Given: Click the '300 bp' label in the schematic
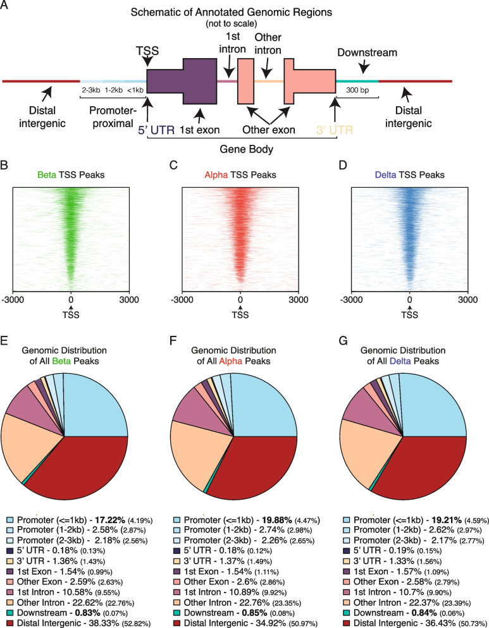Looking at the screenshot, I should [x=357, y=90].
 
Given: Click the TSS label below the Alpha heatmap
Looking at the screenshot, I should [x=240, y=314].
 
